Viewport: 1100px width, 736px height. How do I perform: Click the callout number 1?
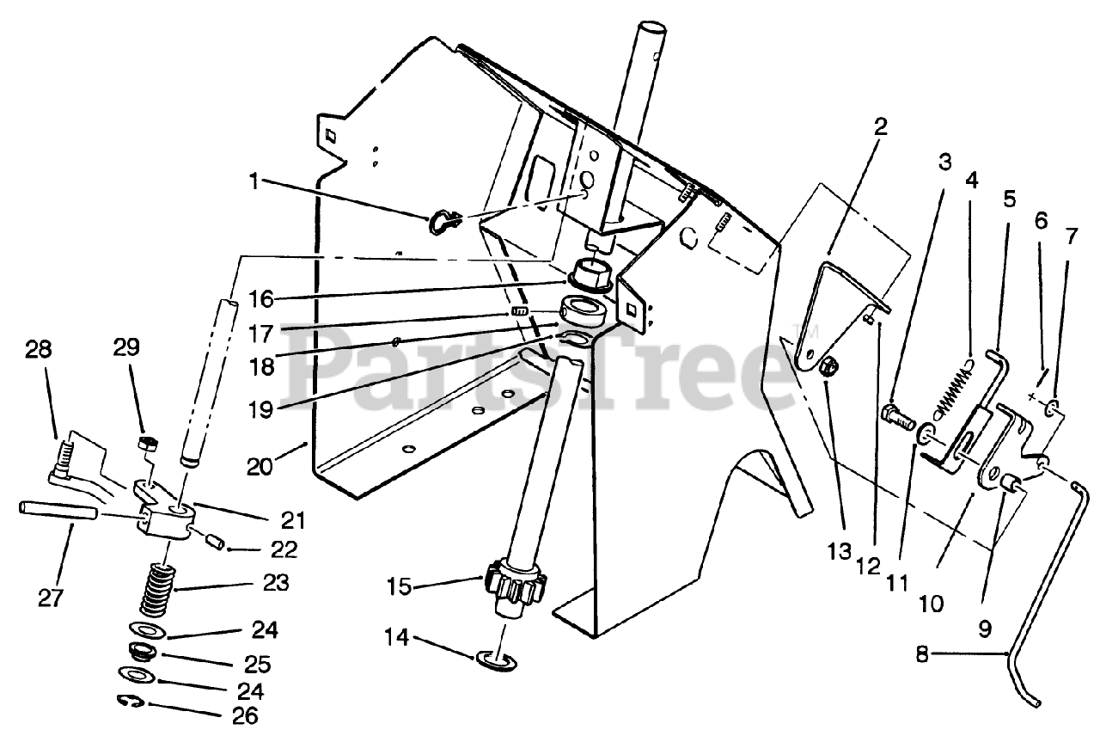[254, 181]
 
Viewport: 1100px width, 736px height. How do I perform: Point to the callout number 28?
[39, 351]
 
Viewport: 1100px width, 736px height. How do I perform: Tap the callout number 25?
[258, 664]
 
